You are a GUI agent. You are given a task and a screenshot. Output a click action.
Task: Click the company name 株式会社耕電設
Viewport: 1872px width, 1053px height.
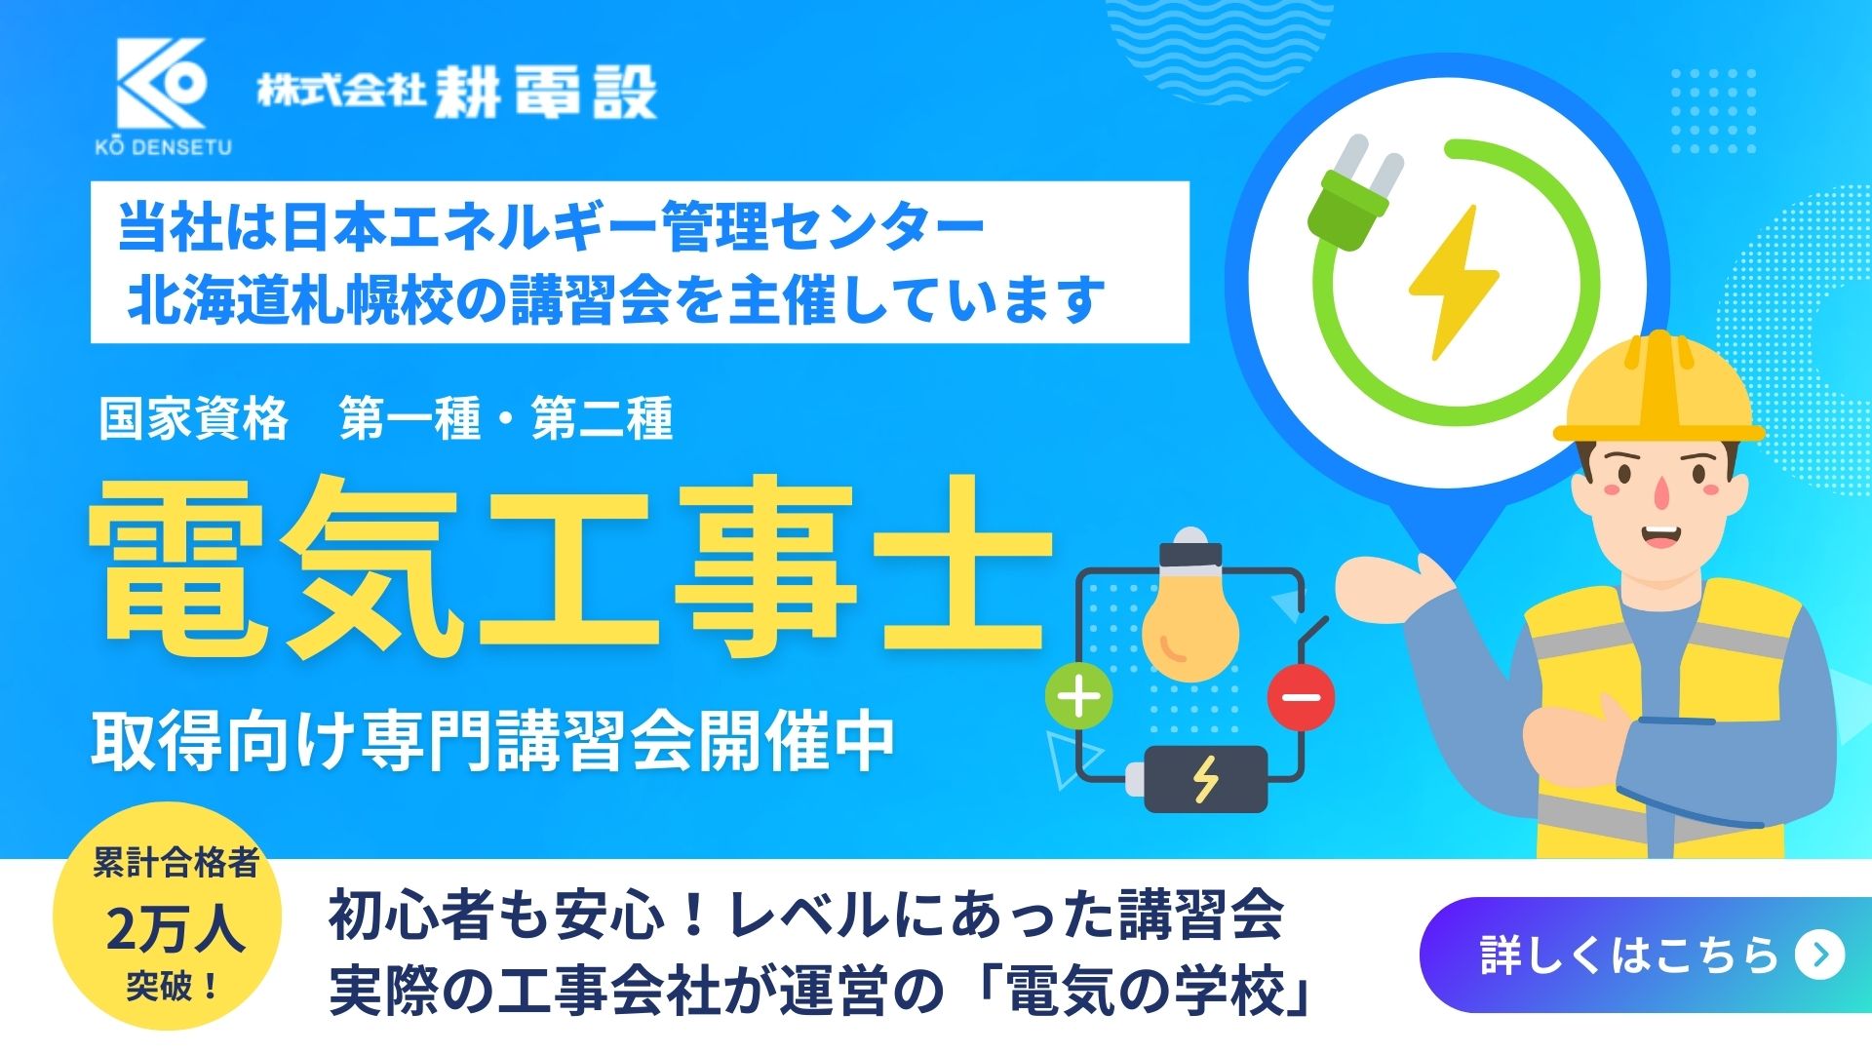click(457, 93)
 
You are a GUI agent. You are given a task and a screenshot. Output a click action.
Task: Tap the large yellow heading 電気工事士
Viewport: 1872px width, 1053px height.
click(570, 565)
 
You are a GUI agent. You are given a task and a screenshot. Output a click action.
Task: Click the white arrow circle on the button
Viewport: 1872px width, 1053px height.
click(1819, 955)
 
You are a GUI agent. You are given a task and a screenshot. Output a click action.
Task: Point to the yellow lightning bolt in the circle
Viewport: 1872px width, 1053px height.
click(1454, 282)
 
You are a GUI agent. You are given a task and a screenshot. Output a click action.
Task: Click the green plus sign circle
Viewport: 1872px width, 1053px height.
click(1079, 697)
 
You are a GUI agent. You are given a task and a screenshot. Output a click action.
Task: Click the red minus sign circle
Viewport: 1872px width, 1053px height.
click(1301, 697)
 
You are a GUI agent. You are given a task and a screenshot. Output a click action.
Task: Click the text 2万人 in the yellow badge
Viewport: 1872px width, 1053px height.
click(175, 928)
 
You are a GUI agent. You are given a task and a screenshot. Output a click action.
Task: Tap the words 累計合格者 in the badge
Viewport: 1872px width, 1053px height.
click(175, 863)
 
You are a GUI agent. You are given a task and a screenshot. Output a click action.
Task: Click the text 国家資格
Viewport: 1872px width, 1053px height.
click(194, 419)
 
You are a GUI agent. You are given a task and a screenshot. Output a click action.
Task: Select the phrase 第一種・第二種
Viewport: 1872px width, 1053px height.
click(506, 419)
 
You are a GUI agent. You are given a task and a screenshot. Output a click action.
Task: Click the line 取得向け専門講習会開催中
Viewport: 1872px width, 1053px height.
click(492, 743)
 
